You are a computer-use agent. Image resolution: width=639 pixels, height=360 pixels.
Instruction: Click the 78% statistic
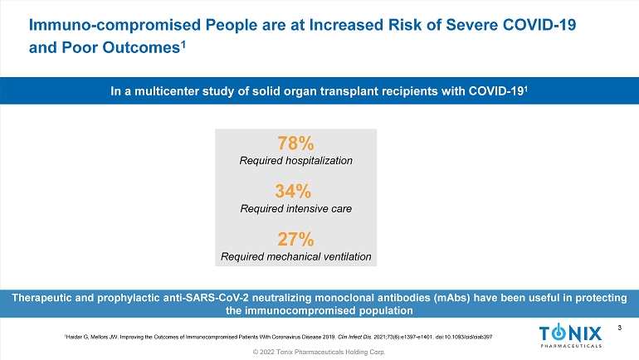pyautogui.click(x=295, y=143)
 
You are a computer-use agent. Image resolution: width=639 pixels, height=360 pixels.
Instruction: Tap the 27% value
pyautogui.click(x=295, y=240)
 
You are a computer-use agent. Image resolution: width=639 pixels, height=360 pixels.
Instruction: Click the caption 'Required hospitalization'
pyautogui.click(x=295, y=159)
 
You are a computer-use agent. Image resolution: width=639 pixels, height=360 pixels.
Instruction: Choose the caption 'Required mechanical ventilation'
pyautogui.click(x=295, y=256)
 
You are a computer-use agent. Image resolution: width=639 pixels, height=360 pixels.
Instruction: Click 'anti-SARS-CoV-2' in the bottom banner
pyautogui.click(x=212, y=297)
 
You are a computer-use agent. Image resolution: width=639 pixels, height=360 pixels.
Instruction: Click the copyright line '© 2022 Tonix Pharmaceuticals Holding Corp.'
pyautogui.click(x=319, y=353)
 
